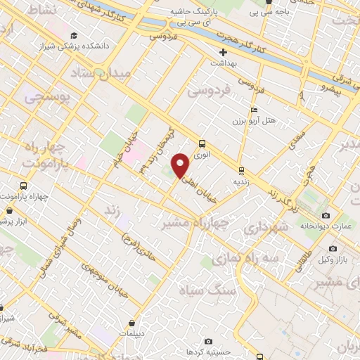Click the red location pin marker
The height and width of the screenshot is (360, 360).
(181, 165)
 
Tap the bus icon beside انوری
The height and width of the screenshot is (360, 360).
(202, 141)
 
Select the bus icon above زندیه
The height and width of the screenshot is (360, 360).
(241, 169)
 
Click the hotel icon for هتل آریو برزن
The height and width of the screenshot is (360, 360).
(254, 110)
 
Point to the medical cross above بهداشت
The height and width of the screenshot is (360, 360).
(224, 53)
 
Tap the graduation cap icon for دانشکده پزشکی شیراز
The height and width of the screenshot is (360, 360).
(74, 35)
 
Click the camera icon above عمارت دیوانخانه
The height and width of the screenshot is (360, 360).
(325, 215)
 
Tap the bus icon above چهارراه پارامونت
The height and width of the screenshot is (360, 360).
(24, 186)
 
